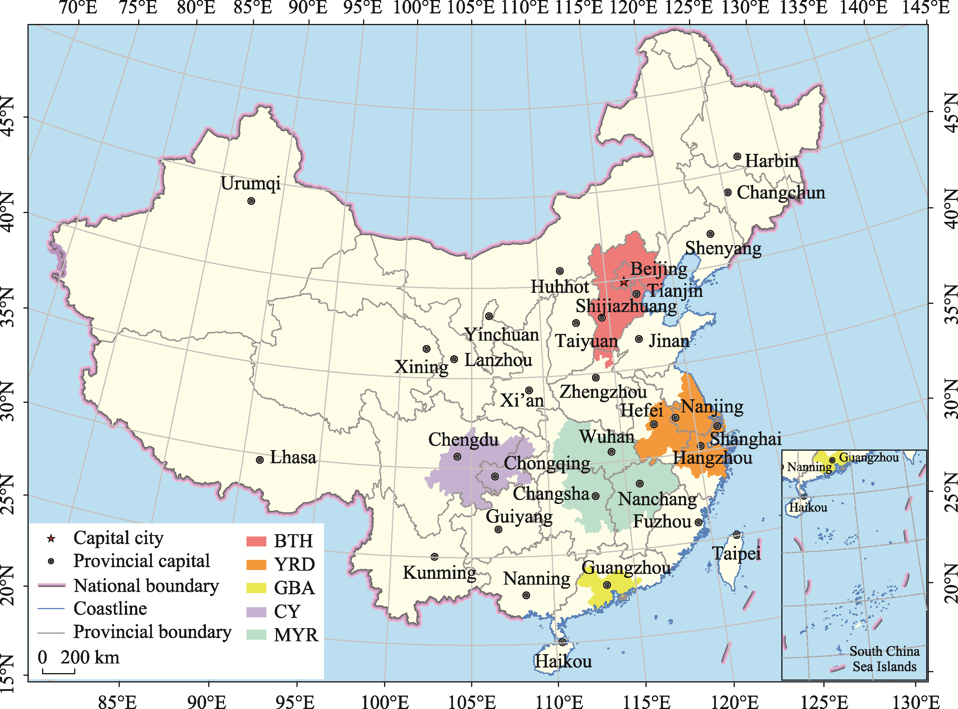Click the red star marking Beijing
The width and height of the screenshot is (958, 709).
624,282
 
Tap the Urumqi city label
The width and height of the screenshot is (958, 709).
251,184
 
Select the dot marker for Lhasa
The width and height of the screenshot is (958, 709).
260,460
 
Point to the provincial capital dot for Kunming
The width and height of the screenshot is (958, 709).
435,557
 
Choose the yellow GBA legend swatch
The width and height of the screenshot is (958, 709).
256,588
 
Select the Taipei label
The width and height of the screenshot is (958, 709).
736,554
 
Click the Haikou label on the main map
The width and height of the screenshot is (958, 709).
563,661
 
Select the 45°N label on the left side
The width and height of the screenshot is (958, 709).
8,116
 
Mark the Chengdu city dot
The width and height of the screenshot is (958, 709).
457,457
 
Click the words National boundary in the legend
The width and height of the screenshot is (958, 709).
146,586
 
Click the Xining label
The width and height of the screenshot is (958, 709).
421,367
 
